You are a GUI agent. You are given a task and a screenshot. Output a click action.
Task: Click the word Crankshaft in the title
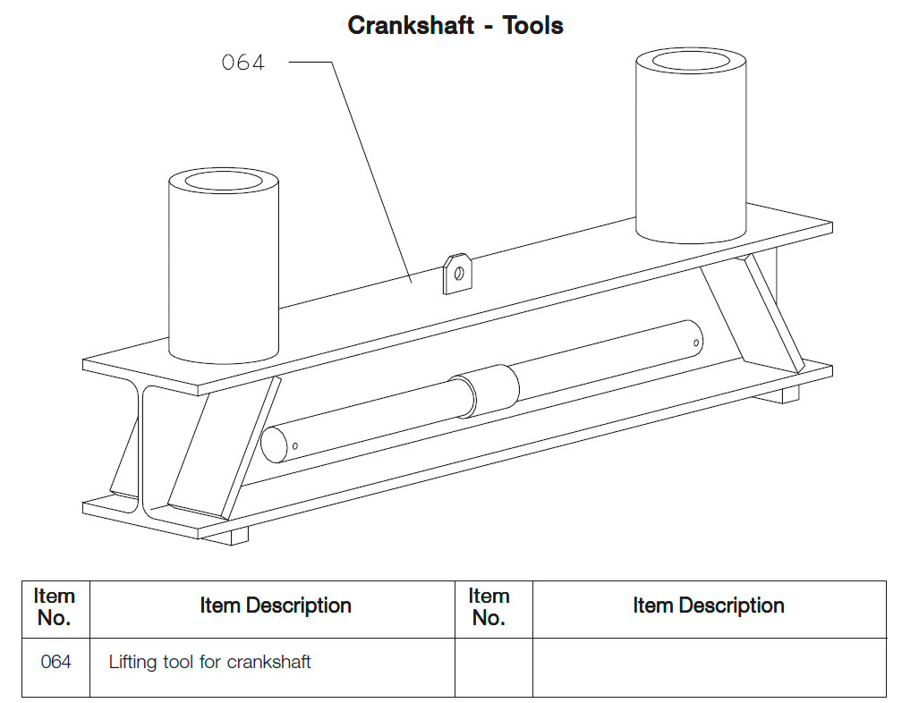coord(411,25)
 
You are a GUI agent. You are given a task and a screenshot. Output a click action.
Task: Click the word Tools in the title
coord(533,25)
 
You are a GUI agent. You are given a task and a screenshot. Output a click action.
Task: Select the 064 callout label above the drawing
coord(243,63)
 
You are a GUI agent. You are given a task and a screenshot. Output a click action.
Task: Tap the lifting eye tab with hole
coord(457,273)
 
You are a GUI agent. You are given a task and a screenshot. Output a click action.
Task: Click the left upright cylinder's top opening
coord(224,181)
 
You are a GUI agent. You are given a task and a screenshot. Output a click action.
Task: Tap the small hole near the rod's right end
coord(697,340)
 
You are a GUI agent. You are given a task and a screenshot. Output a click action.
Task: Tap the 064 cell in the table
coord(55,663)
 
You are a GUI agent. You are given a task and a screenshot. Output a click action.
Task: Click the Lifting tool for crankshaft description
coord(209,663)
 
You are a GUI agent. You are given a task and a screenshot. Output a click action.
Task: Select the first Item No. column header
coord(55,607)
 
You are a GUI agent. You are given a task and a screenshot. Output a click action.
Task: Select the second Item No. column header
coord(489,607)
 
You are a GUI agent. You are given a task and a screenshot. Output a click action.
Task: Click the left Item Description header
coord(275,606)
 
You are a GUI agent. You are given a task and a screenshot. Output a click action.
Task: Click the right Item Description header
coord(708,606)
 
